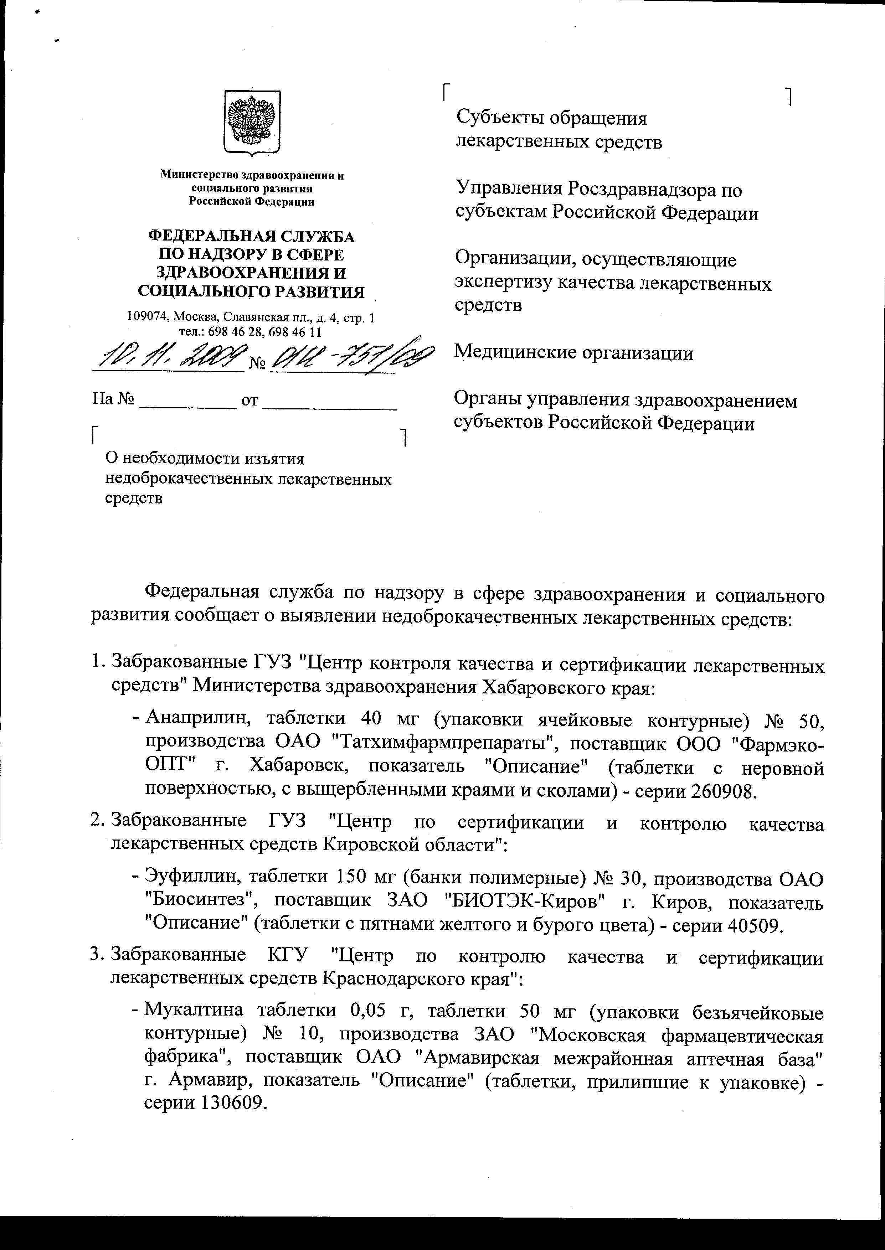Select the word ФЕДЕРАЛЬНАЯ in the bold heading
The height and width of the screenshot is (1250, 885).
208,236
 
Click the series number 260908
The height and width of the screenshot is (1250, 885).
724,791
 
